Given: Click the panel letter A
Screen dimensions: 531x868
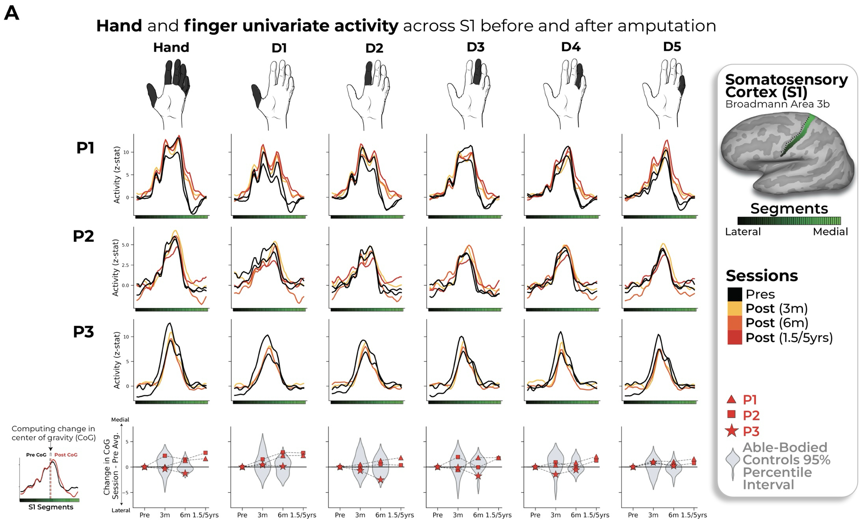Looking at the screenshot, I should (x=12, y=13).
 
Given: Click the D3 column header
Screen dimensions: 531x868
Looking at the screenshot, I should (x=475, y=47).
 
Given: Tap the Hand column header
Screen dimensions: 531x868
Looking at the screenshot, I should (x=171, y=47).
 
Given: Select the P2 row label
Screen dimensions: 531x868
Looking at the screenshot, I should (x=83, y=236).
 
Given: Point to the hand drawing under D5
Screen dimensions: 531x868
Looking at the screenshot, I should (x=664, y=94).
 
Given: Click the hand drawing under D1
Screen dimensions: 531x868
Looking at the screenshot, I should (x=273, y=94).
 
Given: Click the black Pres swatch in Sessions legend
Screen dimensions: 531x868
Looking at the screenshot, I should (x=735, y=294).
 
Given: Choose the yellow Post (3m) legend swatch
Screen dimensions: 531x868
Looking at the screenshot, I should (x=735, y=309).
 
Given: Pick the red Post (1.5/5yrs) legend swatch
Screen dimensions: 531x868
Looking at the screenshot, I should (x=735, y=338).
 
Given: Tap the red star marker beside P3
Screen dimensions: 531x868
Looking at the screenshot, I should (x=732, y=431).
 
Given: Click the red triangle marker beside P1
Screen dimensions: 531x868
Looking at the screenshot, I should (x=731, y=399).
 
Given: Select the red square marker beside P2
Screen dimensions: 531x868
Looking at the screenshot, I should (x=731, y=414).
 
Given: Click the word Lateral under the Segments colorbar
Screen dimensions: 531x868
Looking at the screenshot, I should (x=743, y=232).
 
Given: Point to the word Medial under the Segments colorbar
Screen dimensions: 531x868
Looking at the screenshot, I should (x=830, y=232).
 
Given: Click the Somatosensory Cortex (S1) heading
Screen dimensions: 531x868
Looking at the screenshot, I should (x=786, y=86).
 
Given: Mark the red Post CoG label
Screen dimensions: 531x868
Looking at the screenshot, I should (x=66, y=455).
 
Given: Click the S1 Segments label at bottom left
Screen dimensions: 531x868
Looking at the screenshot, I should (x=51, y=507).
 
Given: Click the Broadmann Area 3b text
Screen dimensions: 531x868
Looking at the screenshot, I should (x=777, y=104).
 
